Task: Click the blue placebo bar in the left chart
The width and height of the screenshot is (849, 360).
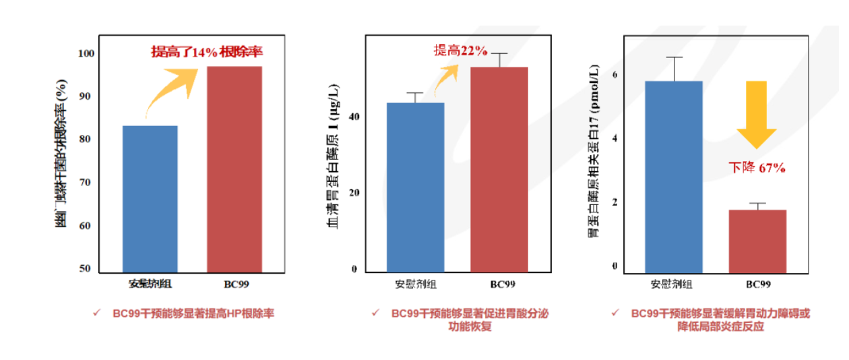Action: click(150, 199)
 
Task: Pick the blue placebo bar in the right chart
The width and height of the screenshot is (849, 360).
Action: click(674, 177)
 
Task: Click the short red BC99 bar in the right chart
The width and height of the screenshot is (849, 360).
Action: click(758, 241)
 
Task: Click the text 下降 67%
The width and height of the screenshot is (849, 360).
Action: click(757, 168)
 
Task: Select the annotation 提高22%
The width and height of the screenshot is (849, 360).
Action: click(460, 51)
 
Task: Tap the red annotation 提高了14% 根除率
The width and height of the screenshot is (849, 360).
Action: click(206, 52)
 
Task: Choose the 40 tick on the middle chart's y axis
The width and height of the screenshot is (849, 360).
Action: click(353, 117)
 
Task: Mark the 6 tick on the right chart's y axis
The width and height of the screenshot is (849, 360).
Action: click(615, 76)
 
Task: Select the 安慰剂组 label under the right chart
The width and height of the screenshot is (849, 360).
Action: click(671, 284)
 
